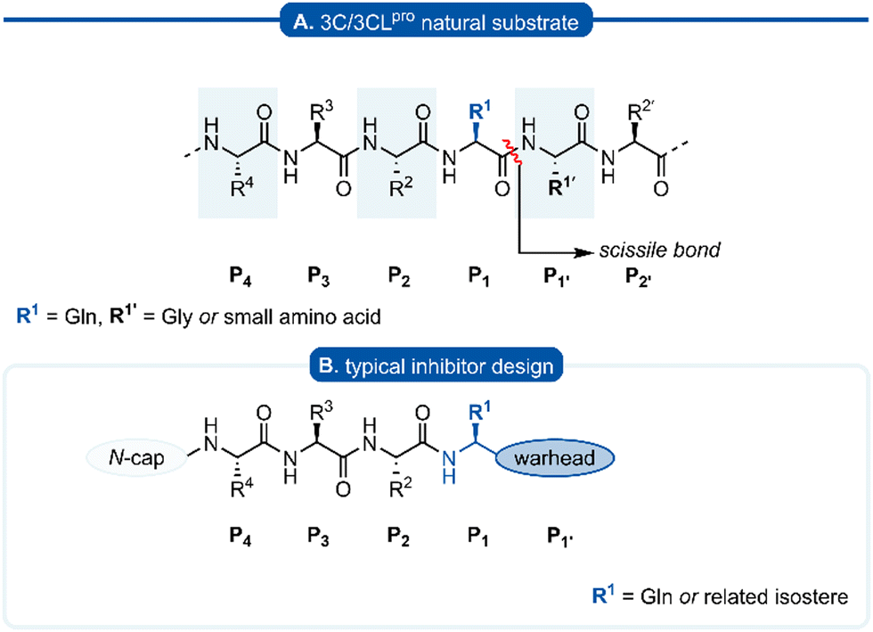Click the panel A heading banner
(436, 17)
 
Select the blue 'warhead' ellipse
(557, 460)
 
